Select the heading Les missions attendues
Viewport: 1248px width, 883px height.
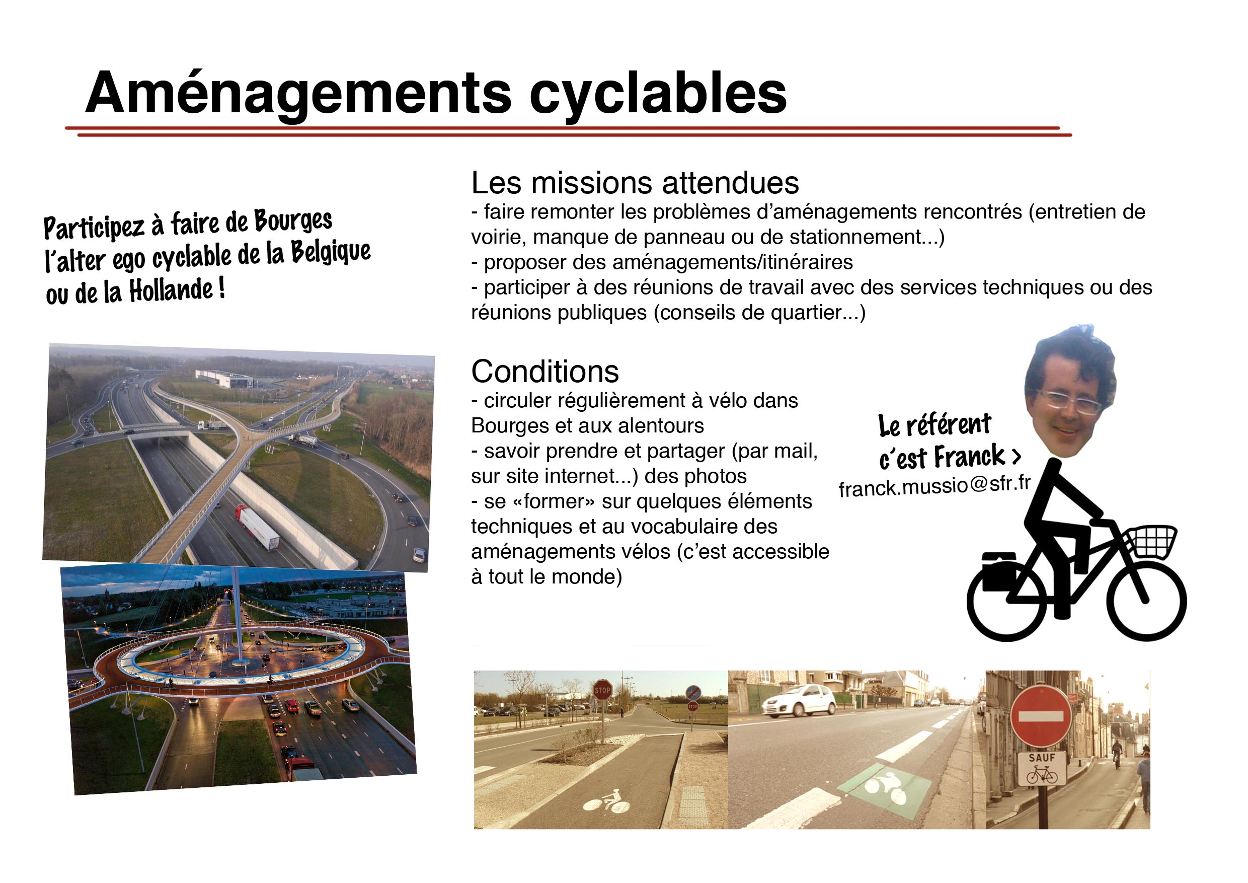coord(635,183)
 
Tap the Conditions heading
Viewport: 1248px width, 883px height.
coord(544,372)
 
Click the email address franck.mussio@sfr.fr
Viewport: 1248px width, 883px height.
coord(934,485)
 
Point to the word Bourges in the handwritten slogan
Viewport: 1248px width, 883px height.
coord(293,220)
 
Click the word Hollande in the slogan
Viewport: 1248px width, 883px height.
coord(172,290)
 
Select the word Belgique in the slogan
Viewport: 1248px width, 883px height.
coord(331,252)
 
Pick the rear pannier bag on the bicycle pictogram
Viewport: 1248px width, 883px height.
coord(999,571)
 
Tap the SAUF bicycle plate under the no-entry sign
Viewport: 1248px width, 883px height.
coord(1042,769)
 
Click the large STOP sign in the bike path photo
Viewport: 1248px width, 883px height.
coord(602,690)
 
